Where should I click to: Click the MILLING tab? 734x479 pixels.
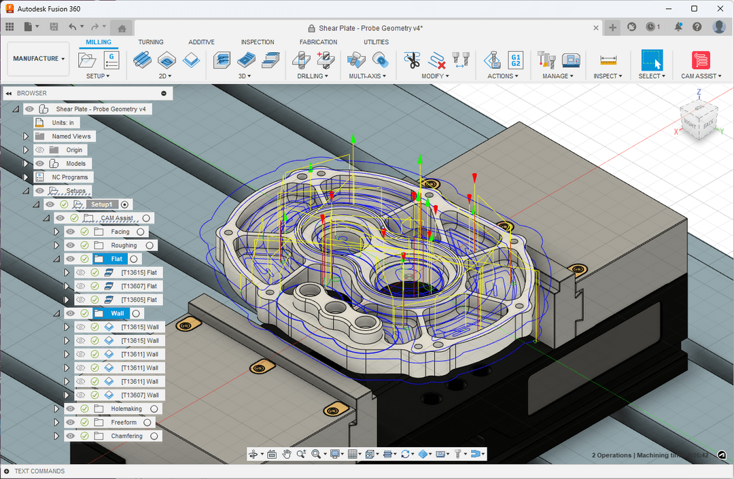coord(99,42)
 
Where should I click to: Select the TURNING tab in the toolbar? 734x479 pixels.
coord(151,42)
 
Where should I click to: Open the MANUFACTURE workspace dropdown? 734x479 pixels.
coord(39,59)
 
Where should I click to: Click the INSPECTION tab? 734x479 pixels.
coord(258,42)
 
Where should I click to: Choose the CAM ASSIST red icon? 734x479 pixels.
coord(701,60)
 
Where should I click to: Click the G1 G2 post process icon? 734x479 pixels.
coord(516,60)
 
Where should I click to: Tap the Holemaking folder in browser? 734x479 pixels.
coord(126,408)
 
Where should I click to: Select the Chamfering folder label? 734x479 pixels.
coord(126,436)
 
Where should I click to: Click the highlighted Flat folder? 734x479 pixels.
coord(117,259)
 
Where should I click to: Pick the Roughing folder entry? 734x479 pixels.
coord(124,245)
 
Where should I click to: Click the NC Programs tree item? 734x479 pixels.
coord(71,177)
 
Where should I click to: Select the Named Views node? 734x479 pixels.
coord(71,137)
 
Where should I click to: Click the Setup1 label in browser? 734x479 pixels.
coord(101,205)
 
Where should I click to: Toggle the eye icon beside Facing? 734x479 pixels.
coord(71,232)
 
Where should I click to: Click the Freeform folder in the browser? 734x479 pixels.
coord(124,422)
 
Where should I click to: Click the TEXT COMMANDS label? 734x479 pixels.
coord(39,471)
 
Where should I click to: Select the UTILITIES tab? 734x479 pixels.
coord(376,42)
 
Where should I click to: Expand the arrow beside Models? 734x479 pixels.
coord(26,164)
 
